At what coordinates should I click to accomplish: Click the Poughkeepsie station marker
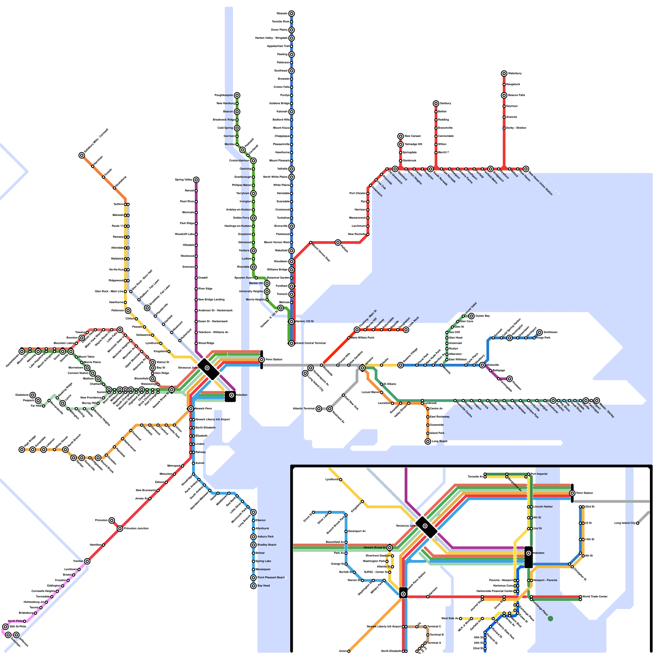tap(237, 95)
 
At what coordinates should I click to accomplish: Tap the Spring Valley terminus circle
tap(196, 180)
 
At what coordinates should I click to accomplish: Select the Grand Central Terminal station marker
tap(291, 343)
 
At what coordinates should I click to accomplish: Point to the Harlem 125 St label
tap(305, 321)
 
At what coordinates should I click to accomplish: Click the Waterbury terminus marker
tap(504, 74)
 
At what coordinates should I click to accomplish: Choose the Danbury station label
tap(446, 103)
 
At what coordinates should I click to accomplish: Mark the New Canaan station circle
tap(401, 136)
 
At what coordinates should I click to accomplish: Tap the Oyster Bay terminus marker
tap(471, 316)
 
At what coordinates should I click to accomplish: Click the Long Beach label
tap(440, 441)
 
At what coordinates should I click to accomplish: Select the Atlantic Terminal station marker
tap(319, 409)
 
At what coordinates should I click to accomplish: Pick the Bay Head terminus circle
tap(253, 586)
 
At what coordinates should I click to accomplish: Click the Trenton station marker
tap(87, 561)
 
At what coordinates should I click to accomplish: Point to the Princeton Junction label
tap(137, 529)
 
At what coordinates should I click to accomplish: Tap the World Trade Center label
tap(595, 596)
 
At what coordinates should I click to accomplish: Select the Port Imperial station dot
tap(529, 474)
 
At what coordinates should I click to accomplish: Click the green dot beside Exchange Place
tap(550, 618)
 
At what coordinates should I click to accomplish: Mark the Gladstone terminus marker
tap(33, 395)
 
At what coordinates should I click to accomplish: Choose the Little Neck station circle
tap(406, 329)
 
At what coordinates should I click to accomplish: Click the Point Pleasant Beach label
tap(271, 578)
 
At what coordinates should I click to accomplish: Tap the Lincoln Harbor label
tap(543, 507)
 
